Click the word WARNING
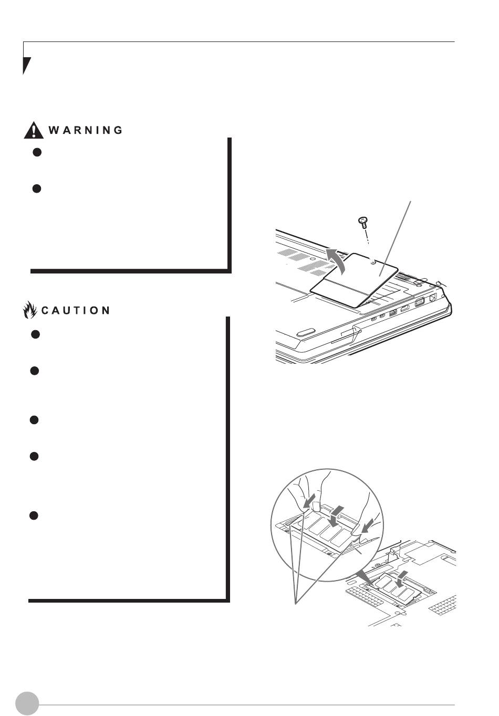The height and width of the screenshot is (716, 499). click(86, 130)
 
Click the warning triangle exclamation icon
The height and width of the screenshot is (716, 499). click(34, 130)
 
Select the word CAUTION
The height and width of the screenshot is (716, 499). click(76, 310)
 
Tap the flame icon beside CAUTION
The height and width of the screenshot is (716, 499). click(29, 310)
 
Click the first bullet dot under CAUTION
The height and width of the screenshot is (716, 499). click(35, 334)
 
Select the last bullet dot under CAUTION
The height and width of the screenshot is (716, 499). click(33, 515)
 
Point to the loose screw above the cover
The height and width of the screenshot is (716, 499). click(362, 222)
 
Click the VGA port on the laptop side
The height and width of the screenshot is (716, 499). click(419, 302)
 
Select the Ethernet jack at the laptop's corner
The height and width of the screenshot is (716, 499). click(433, 298)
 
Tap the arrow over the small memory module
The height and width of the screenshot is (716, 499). click(401, 579)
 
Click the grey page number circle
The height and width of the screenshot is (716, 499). click(27, 703)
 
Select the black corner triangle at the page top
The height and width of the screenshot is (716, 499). click(26, 64)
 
